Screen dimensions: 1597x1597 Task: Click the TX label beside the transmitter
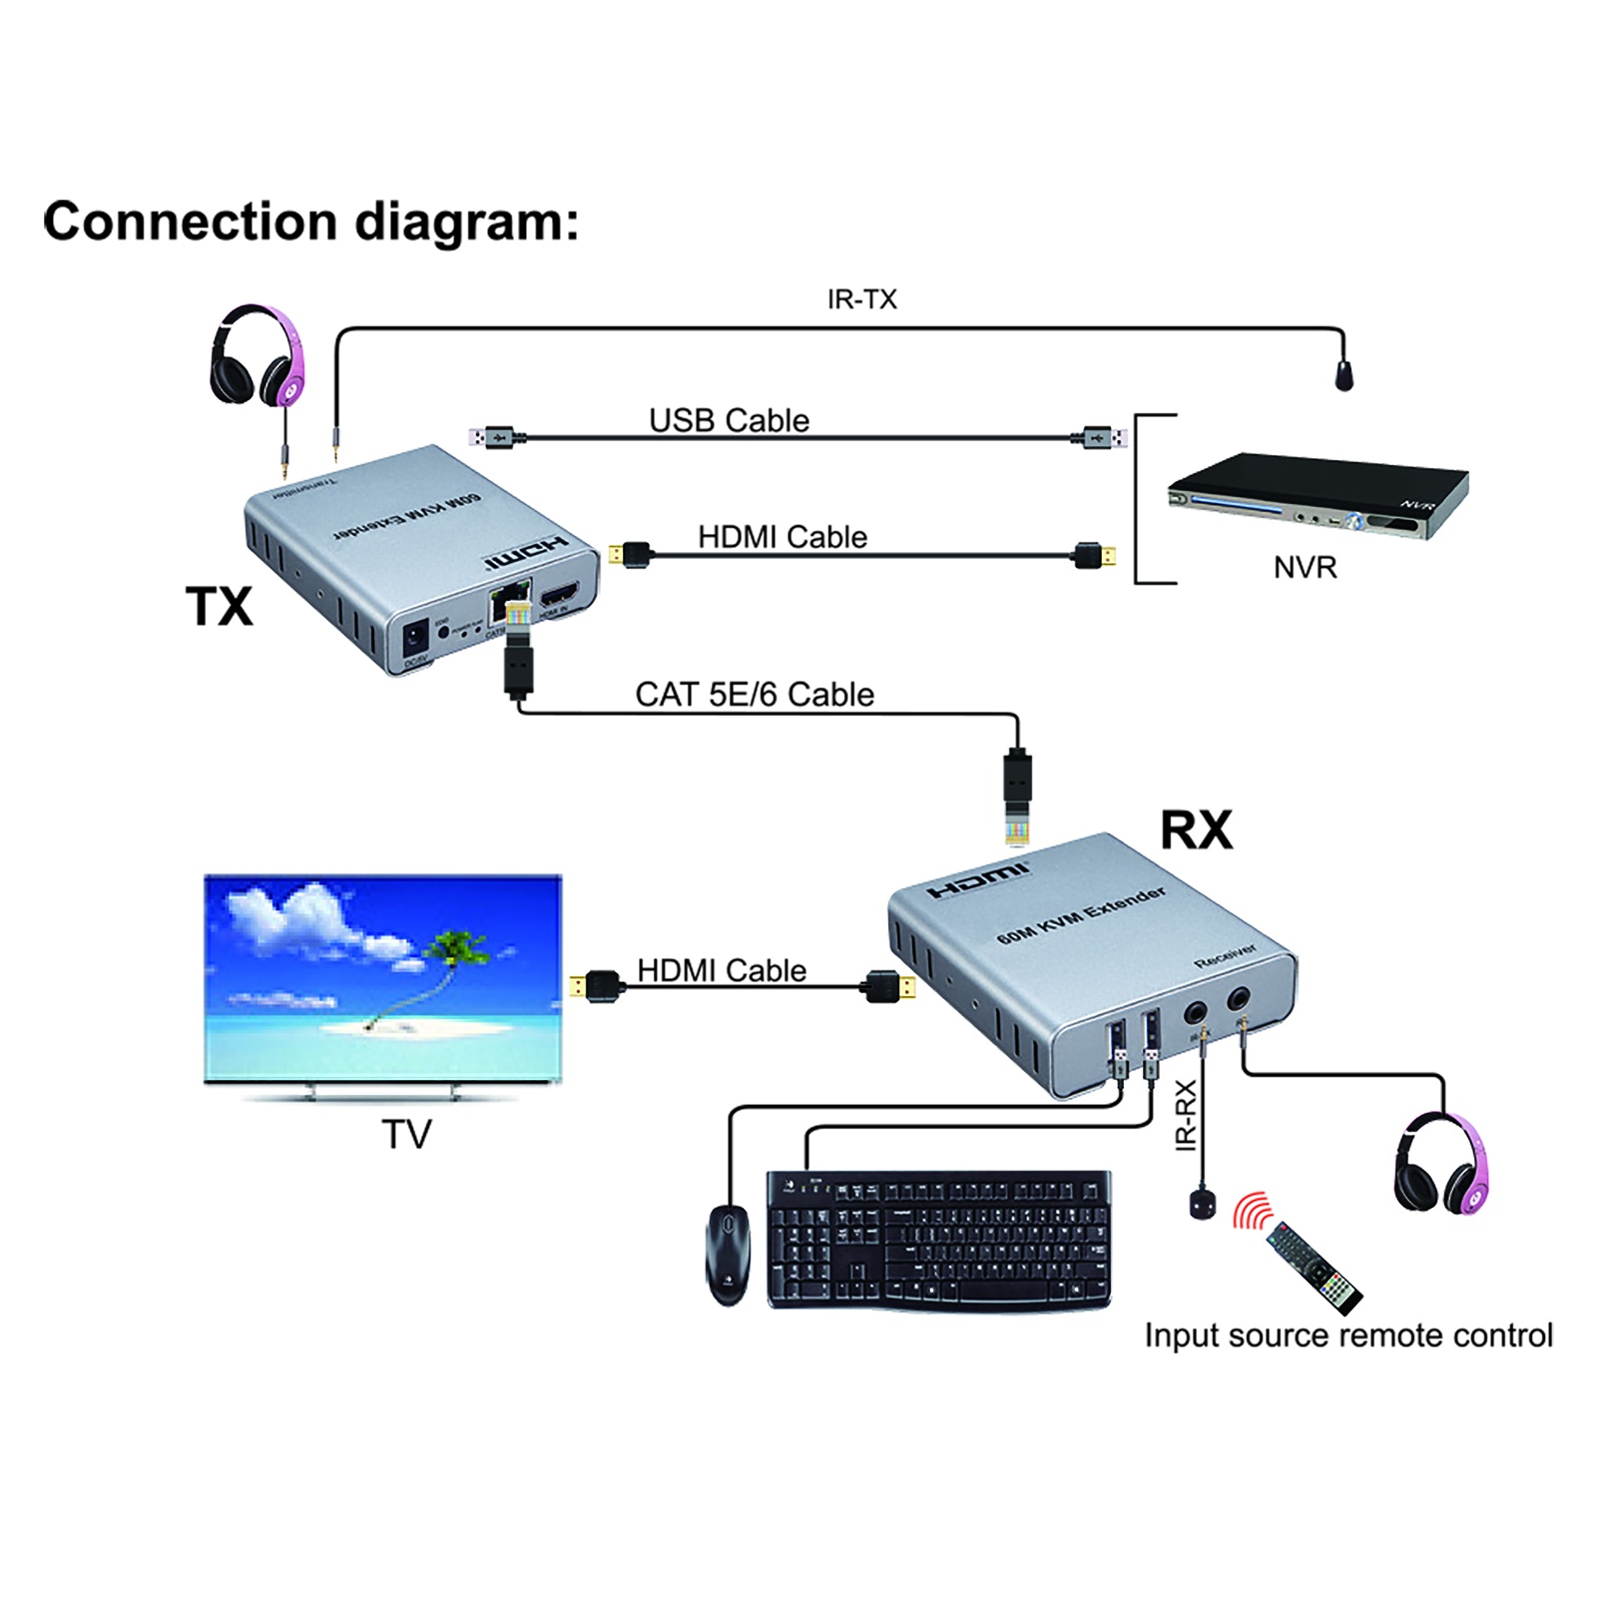pos(219,606)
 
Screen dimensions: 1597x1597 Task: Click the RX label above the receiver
pos(1196,830)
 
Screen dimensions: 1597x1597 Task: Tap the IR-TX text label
pos(861,299)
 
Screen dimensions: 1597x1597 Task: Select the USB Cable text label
pos(729,420)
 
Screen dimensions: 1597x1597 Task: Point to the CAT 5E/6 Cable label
pos(754,694)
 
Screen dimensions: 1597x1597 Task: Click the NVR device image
pos(1318,496)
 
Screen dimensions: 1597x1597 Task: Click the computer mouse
pos(728,1254)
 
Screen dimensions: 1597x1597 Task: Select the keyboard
pos(938,1240)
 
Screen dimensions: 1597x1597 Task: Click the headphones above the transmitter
pos(257,356)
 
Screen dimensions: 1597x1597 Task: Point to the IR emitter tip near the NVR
pos(1344,376)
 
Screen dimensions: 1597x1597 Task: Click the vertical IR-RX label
pos(1186,1115)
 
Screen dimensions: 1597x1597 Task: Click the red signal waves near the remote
pos(1251,1211)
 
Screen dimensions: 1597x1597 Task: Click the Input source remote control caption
pos(1347,1334)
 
